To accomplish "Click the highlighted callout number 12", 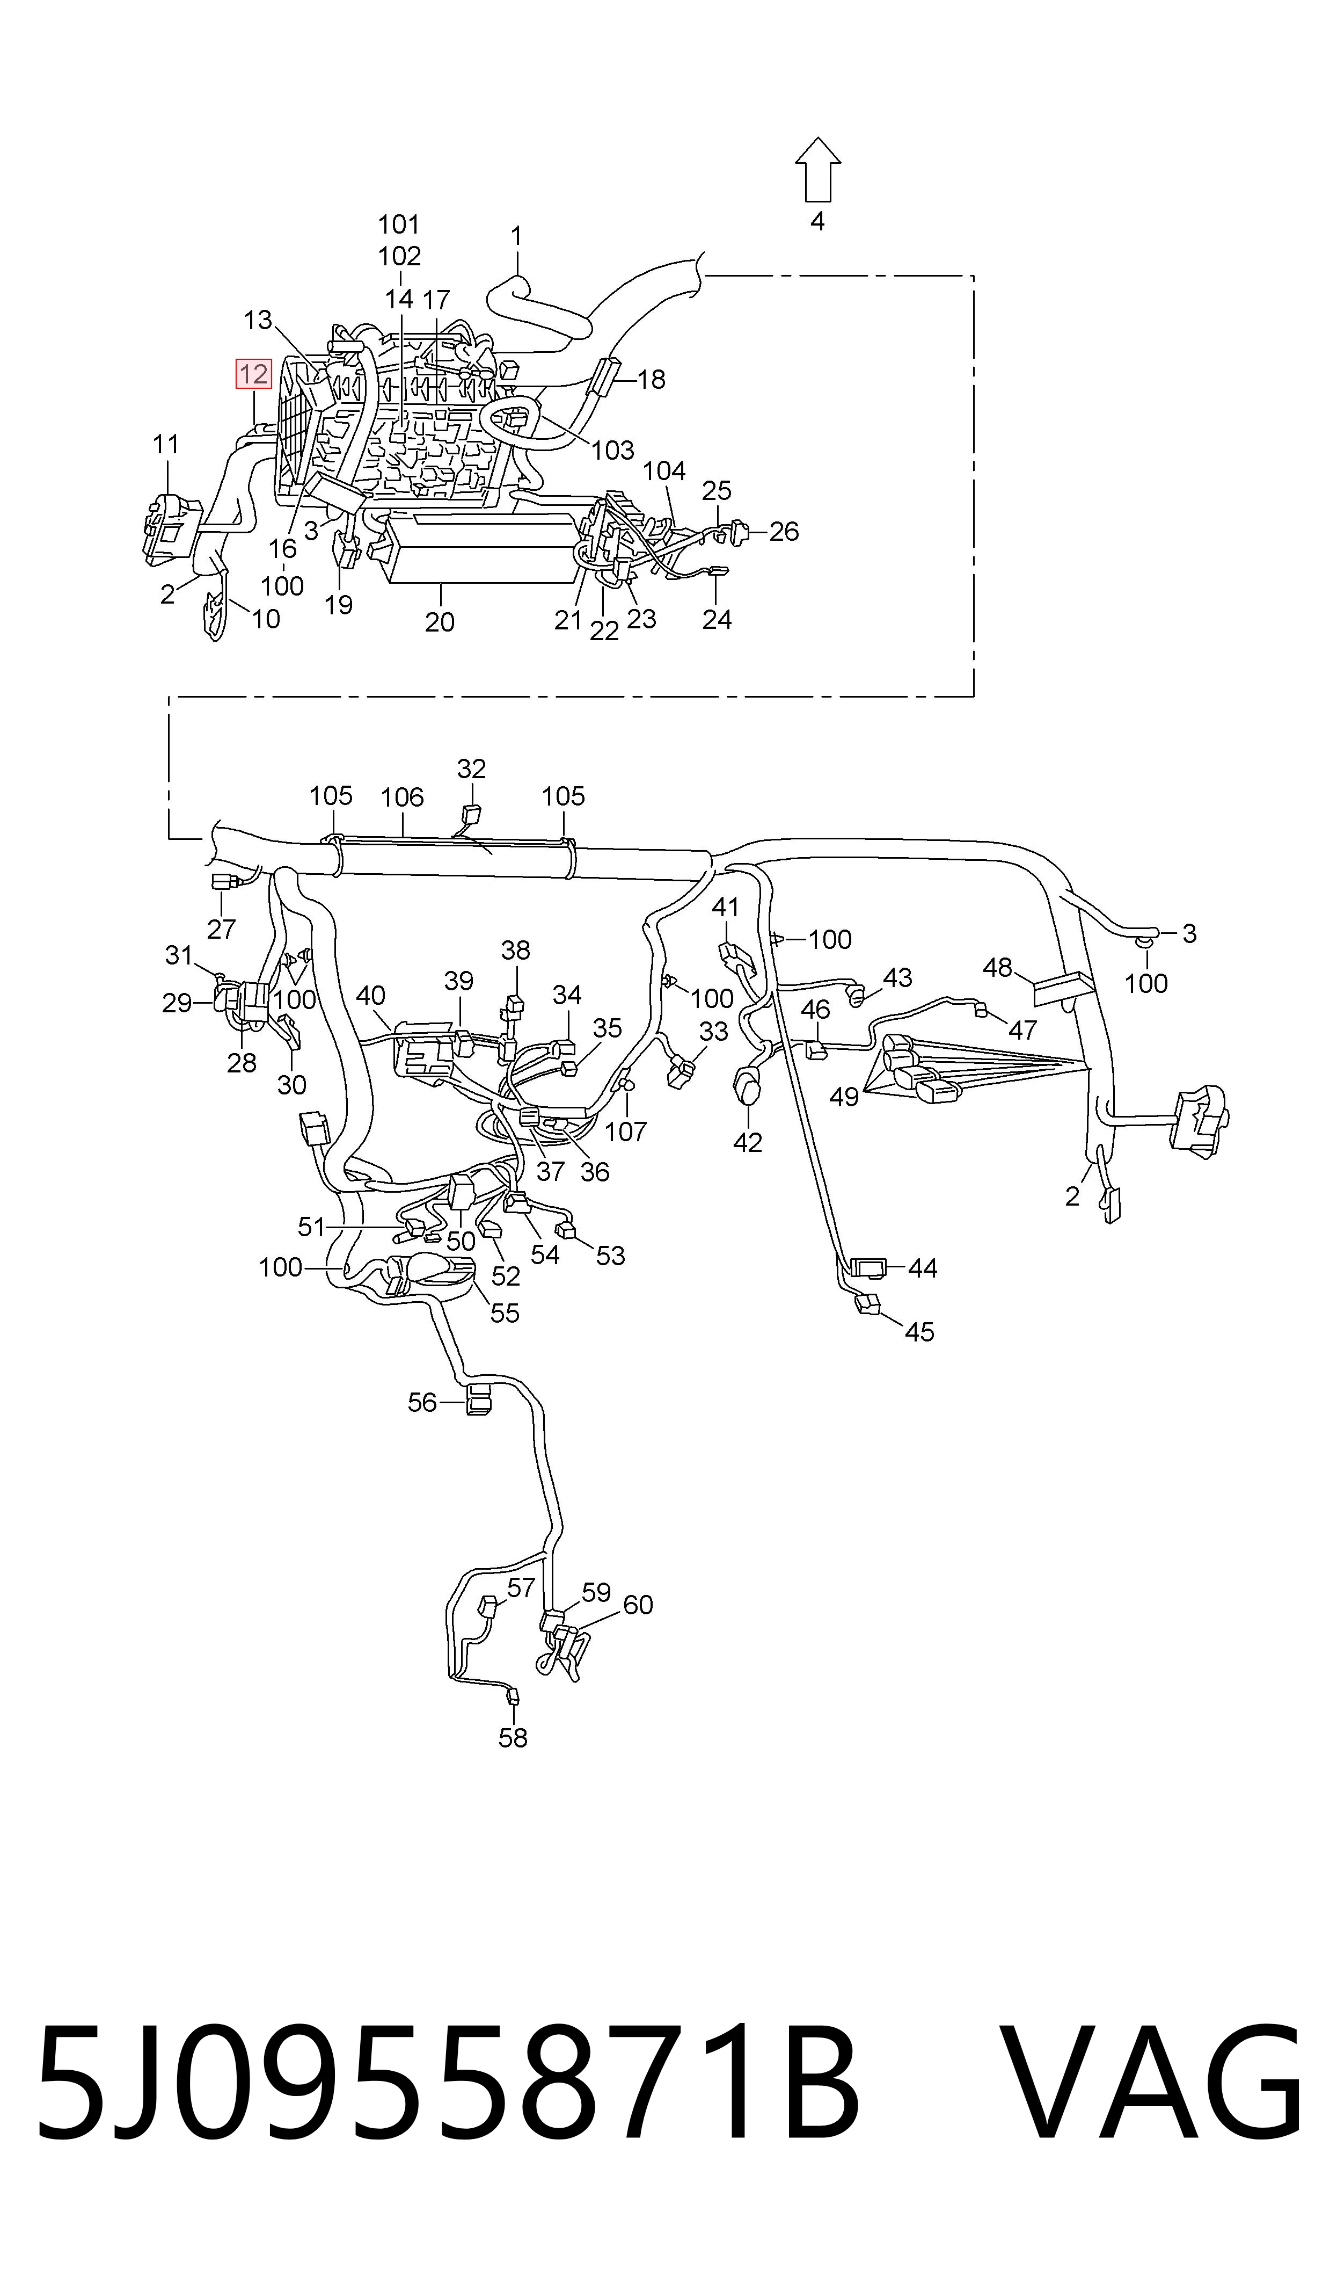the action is point(254,373).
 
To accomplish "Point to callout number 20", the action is point(440,622).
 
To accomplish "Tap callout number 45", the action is point(919,1332).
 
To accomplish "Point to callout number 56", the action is point(422,1402).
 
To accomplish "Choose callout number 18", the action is point(651,379).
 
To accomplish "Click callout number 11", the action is point(166,444).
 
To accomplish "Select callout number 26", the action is point(784,532).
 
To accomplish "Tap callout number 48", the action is point(997,968).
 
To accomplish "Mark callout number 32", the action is point(471,768).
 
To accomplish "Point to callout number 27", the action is point(222,928).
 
